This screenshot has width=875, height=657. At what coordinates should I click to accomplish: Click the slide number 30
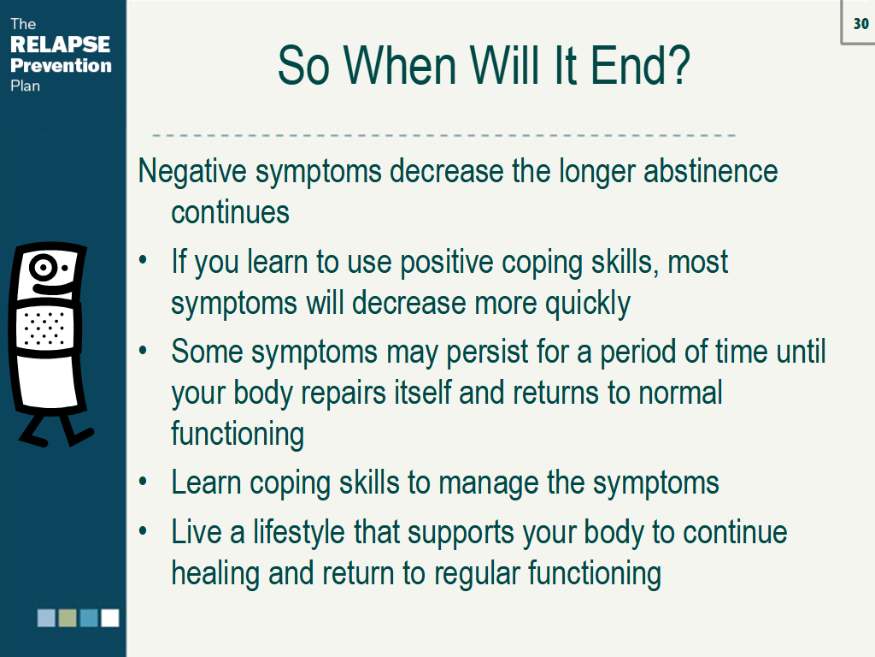860,23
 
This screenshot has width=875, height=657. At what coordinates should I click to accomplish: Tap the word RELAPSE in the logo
61,44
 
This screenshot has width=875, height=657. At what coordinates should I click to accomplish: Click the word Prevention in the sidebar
61,65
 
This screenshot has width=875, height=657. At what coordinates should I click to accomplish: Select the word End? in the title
640,66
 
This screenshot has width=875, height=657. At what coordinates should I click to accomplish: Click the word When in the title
402,66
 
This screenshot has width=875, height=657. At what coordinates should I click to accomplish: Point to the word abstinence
710,171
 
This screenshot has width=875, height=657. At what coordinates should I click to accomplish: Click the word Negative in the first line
192,171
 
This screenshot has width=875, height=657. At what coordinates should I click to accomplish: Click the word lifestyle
298,533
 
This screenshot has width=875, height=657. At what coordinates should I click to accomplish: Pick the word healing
215,575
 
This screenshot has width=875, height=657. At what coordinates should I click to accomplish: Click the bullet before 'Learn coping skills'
143,482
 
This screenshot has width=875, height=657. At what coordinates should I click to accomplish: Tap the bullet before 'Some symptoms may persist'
143,351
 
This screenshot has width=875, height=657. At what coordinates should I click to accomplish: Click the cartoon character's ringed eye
43,267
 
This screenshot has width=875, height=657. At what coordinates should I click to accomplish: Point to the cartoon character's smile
53,288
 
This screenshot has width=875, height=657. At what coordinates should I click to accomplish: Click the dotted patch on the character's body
44,328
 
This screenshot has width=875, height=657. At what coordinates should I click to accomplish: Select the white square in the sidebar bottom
110,618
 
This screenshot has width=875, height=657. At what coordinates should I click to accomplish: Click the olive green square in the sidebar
68,618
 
